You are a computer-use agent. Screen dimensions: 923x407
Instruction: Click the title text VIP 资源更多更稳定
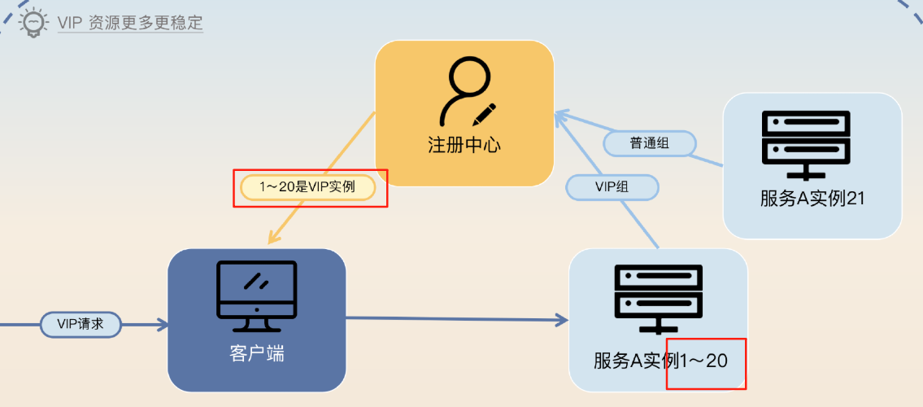click(130, 23)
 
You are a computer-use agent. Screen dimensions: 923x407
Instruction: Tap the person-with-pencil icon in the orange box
click(466, 92)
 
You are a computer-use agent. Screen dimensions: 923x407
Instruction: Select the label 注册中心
click(464, 145)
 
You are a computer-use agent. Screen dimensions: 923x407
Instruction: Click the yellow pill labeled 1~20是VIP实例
click(308, 188)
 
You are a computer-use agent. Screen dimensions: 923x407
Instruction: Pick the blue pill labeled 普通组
click(650, 143)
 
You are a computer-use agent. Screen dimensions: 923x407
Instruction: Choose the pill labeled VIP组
click(612, 187)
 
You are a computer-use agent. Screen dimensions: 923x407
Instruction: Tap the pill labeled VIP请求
click(81, 325)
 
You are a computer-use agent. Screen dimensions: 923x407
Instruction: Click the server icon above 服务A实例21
click(806, 145)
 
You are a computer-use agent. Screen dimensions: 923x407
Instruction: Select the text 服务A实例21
click(812, 199)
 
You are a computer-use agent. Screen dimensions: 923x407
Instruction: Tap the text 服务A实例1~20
click(660, 360)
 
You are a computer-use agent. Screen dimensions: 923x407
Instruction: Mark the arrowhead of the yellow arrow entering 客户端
click(274, 237)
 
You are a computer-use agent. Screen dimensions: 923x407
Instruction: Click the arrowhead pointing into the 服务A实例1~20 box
click(562, 320)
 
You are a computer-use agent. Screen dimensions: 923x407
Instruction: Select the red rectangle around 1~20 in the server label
click(706, 362)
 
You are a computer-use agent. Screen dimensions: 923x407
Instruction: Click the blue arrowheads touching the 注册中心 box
click(560, 116)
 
